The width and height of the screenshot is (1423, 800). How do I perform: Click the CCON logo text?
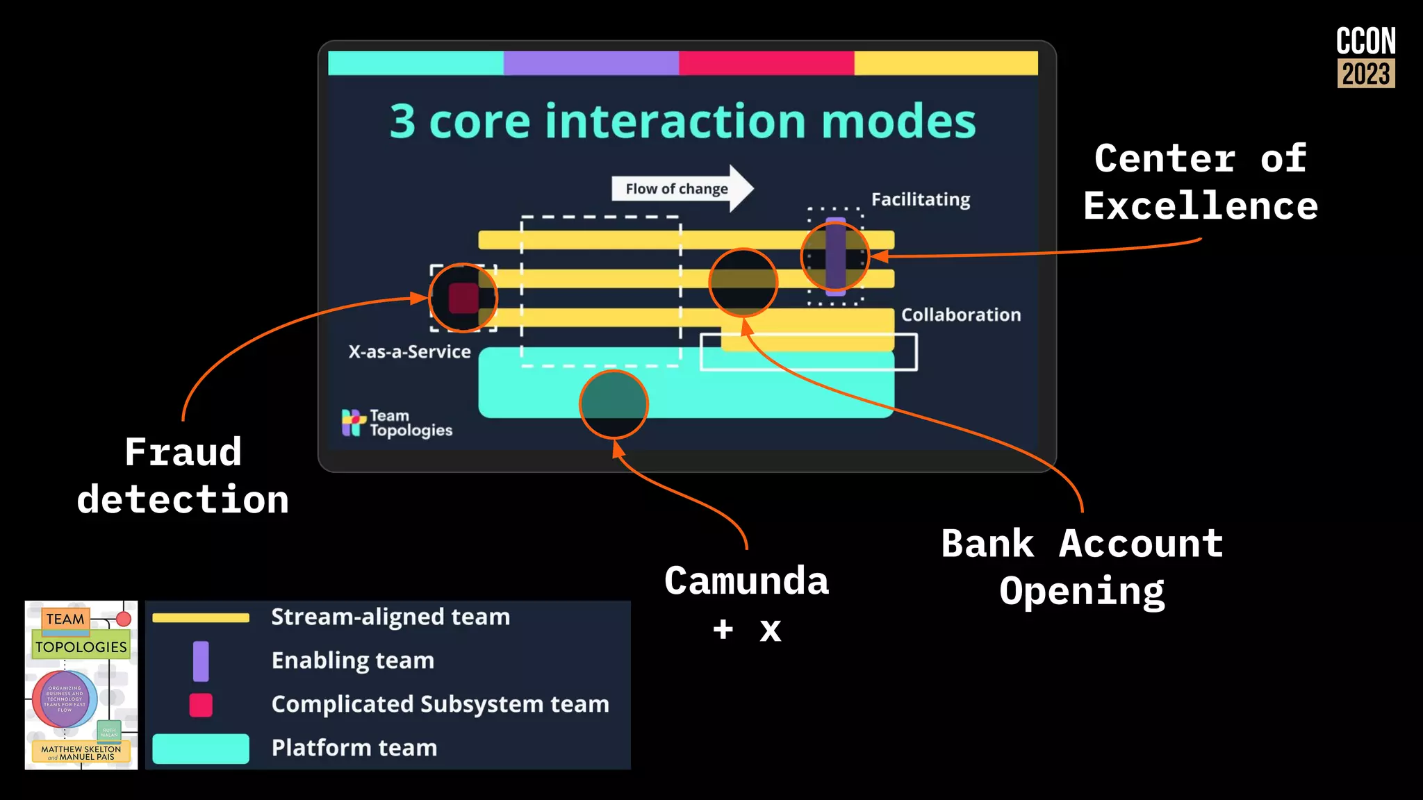pos(1365,41)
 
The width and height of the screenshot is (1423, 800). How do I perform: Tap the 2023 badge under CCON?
pos(1365,74)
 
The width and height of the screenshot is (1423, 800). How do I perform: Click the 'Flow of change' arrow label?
pos(676,189)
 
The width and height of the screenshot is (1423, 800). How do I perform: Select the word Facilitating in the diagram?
pos(921,199)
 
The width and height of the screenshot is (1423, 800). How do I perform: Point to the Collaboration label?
pos(961,315)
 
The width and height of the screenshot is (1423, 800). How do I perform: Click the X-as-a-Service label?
pos(409,351)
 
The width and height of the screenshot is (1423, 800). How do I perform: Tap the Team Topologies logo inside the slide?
pos(397,422)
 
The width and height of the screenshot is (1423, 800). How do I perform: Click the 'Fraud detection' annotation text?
pos(183,476)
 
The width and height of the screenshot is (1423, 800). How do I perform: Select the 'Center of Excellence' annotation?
pos(1201,182)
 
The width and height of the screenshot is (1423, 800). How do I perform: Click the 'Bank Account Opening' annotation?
pos(1082,567)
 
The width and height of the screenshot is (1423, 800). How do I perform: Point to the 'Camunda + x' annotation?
pos(747,603)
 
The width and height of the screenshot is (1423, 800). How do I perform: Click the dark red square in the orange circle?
pos(463,298)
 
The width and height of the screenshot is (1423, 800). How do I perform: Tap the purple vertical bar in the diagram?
pos(835,256)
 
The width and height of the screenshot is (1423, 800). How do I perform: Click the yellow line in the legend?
pos(201,617)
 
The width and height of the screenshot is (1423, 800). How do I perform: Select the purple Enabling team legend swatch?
pos(201,660)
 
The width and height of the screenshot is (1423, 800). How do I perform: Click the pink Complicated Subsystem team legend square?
pos(201,705)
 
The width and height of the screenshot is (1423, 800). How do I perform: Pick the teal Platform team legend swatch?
pos(201,749)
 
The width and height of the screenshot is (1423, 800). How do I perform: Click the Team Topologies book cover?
pos(81,685)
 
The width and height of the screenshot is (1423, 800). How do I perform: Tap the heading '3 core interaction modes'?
pos(682,122)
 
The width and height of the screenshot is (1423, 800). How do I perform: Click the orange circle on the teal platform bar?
pos(614,404)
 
